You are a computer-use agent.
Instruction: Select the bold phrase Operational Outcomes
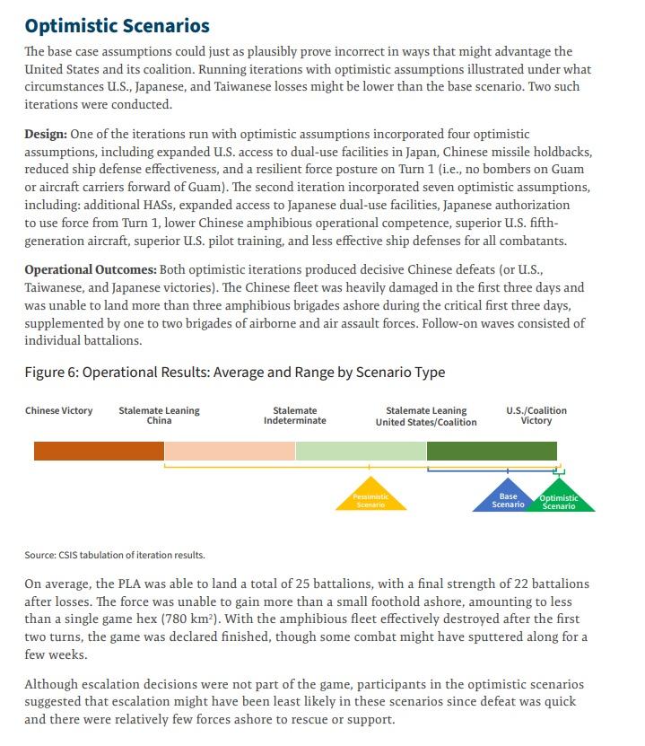[90, 270]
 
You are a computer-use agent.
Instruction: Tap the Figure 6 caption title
[234, 372]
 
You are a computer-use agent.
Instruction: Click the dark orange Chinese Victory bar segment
[99, 451]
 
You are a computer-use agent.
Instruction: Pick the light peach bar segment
[230, 451]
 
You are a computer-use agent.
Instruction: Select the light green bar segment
[361, 451]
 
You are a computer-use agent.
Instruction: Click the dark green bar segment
[492, 451]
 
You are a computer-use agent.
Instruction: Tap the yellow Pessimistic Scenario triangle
[370, 499]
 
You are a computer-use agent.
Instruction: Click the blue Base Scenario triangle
[507, 500]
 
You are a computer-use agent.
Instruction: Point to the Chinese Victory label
[58, 411]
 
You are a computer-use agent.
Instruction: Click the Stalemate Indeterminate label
[294, 416]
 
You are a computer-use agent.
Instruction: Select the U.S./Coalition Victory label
[536, 416]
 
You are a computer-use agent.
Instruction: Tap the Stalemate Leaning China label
[159, 416]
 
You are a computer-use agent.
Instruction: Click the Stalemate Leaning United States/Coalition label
[426, 416]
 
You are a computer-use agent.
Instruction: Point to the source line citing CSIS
[114, 555]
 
